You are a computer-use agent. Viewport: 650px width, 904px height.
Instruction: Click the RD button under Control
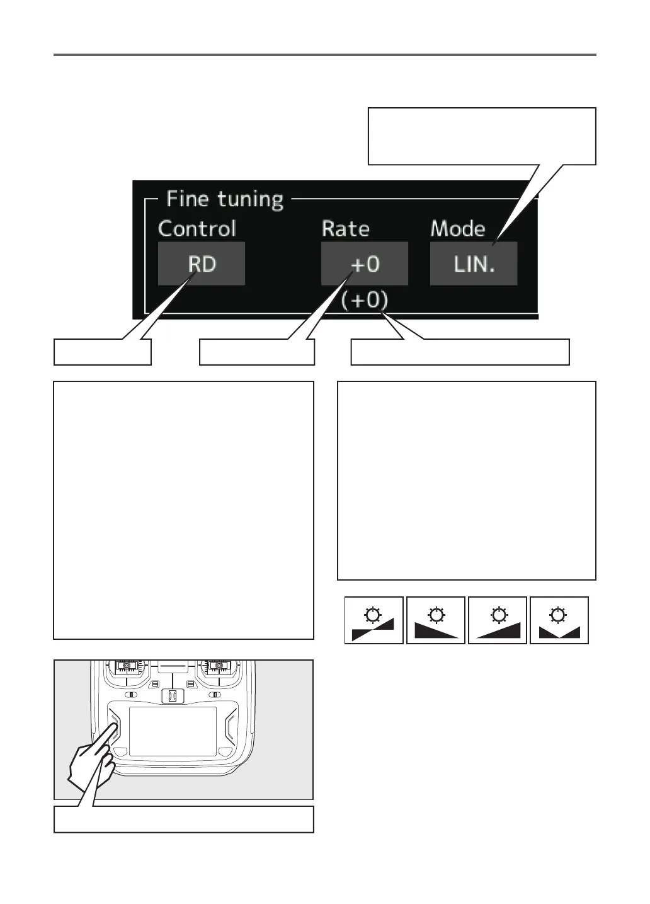click(202, 264)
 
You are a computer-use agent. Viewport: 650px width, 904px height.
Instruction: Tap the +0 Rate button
click(365, 264)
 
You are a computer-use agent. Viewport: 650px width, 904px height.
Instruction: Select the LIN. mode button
click(474, 264)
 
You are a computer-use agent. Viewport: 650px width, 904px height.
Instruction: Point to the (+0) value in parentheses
click(365, 300)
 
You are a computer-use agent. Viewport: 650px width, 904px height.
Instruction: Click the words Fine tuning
click(225, 199)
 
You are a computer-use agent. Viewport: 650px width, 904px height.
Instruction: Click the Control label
click(197, 228)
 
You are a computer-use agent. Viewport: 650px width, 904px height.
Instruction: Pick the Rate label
click(346, 228)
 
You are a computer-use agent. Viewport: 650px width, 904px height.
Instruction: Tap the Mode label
click(458, 228)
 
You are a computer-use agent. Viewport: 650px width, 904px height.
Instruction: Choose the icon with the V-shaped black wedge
click(559, 620)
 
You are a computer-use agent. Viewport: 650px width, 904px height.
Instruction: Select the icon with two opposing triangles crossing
click(374, 620)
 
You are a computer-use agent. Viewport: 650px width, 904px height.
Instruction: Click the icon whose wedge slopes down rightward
click(436, 620)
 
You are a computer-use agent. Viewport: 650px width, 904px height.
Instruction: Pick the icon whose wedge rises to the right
click(498, 620)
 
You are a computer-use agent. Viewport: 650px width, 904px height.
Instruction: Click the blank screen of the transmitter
click(173, 731)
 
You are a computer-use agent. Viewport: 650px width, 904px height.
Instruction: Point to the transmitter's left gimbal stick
click(127, 666)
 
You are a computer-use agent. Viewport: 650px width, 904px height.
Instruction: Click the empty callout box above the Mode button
click(482, 136)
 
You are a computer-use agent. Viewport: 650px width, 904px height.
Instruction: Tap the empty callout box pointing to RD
click(103, 352)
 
